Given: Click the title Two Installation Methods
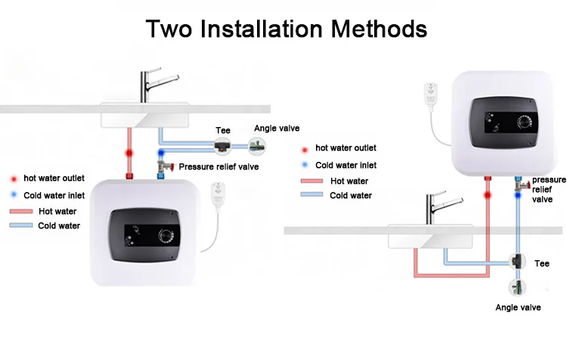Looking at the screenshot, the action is coord(286,29).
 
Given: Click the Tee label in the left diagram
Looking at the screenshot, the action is coord(223,130).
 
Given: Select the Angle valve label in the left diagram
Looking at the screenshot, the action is coord(277,129).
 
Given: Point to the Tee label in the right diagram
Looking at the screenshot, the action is coord(542,263).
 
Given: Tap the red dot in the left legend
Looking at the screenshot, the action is coord(14,179).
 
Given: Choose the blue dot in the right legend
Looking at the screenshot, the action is coord(305,165).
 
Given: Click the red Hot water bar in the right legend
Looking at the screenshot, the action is coord(311,181).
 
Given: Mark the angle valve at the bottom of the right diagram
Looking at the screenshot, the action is coord(517,287).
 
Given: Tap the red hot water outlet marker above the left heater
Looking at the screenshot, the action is coord(129,153).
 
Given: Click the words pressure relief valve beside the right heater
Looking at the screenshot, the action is coord(548,190).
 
